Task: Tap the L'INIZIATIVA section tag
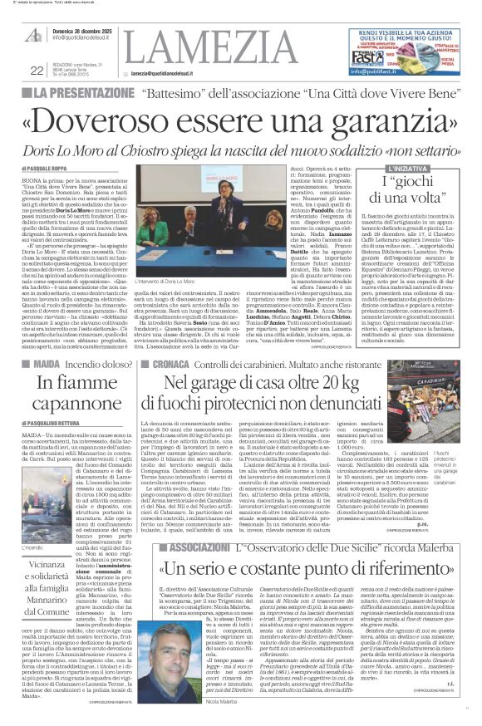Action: point(408,168)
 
